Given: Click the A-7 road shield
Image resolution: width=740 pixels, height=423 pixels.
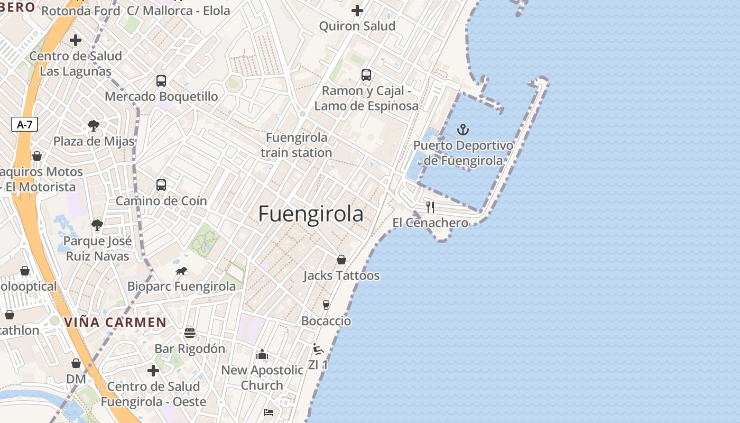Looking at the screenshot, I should click(24, 125).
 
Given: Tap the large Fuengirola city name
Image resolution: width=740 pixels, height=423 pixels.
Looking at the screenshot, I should click(311, 214).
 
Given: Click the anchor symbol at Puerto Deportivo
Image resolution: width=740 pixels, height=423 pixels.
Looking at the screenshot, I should click(463, 130).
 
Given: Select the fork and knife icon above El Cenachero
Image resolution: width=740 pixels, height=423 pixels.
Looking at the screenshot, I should click(430, 207).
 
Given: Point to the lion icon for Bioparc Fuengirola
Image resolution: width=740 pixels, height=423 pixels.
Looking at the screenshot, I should click(181, 271).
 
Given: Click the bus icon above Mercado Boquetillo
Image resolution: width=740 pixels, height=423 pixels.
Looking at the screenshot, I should click(161, 81).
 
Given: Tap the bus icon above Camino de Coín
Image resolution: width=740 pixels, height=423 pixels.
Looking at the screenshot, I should click(161, 185).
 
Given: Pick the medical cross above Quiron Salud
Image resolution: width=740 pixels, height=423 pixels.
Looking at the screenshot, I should click(357, 10).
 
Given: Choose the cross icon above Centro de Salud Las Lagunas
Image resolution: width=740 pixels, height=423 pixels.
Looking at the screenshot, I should click(76, 40).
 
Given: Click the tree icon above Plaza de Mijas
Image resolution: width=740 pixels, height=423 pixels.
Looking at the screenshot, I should click(94, 126).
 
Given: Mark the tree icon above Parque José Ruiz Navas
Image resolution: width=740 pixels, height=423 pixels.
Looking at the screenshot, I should click(97, 225).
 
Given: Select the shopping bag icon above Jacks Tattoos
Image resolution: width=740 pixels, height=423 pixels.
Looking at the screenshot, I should click(341, 260).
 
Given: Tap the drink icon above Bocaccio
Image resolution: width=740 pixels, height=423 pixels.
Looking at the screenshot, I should click(326, 305).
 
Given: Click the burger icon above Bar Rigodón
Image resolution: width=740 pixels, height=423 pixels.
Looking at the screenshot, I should click(190, 333).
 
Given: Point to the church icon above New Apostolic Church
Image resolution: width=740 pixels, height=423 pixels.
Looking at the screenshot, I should click(262, 354).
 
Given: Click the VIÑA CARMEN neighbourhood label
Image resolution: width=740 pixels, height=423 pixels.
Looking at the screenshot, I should click(115, 322).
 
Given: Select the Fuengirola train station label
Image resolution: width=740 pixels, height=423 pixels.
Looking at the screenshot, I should click(297, 145).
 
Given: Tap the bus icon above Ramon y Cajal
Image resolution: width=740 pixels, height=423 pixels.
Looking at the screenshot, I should click(366, 75).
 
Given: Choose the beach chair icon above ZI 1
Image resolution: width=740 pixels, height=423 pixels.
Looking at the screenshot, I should click(318, 349).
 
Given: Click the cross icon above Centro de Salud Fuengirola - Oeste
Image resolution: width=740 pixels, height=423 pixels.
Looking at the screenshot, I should click(153, 371).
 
